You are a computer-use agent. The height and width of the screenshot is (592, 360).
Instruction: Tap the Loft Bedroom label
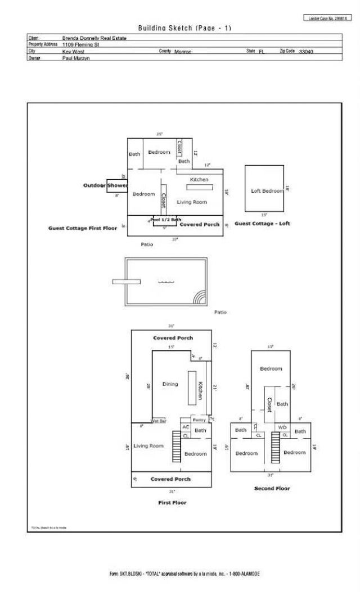click(x=267, y=191)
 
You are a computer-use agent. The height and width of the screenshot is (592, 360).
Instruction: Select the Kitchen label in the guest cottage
click(x=199, y=179)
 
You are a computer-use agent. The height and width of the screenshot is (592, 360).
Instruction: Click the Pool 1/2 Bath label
click(x=166, y=220)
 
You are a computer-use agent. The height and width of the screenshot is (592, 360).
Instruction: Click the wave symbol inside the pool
click(x=166, y=283)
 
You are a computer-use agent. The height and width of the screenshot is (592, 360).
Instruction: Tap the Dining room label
click(x=170, y=384)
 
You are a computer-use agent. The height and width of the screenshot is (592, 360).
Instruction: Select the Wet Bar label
click(x=159, y=421)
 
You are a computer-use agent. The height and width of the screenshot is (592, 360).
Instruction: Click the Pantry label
click(x=199, y=420)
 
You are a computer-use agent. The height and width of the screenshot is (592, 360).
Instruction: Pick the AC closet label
click(x=186, y=427)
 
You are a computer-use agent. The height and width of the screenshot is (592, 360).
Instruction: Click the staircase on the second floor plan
click(x=276, y=448)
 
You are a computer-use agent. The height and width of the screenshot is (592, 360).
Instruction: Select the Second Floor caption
click(x=272, y=489)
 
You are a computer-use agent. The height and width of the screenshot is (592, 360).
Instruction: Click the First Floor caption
click(x=172, y=503)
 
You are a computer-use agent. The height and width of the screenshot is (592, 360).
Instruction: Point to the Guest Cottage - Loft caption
click(x=262, y=224)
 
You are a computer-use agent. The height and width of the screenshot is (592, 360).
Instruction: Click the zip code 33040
click(x=307, y=51)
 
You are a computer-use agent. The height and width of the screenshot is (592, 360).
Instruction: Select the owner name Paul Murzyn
click(x=77, y=58)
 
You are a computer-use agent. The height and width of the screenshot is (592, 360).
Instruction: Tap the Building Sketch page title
click(x=184, y=28)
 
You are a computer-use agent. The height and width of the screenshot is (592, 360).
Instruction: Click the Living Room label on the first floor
click(x=148, y=446)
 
